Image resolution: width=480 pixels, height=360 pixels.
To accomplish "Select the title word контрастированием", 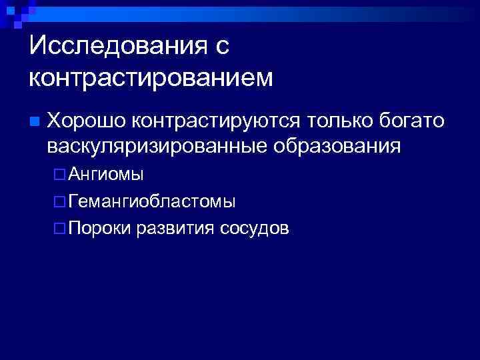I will [151, 77].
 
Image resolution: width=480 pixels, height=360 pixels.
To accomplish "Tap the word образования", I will [337, 146].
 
